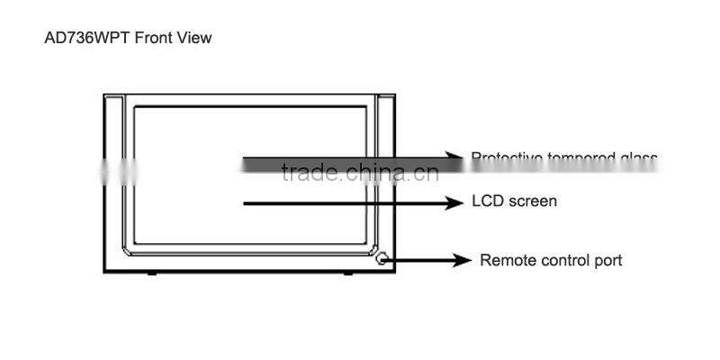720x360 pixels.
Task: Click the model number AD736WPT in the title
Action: coord(86,39)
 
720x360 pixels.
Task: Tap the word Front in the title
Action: coord(155,39)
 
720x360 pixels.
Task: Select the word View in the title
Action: coord(195,39)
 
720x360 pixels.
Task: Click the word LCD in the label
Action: coord(488,201)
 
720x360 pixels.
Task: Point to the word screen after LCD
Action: coord(531,201)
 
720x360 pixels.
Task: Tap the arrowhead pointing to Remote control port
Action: coord(463,260)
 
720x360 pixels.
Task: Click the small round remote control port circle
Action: coord(382,258)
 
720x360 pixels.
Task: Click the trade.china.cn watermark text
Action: coord(359,172)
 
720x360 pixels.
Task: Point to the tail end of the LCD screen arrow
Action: coord(246,204)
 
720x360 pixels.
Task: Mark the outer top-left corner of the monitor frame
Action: coord(103,94)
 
